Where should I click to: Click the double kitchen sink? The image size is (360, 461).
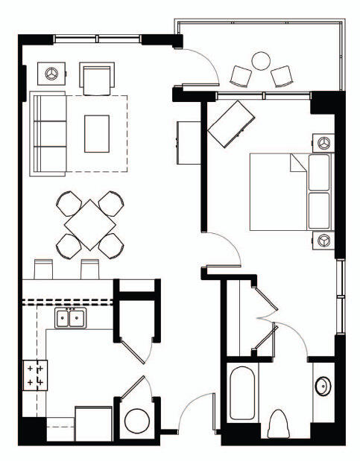[x=70, y=319]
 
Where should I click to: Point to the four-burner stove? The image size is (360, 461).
[x=34, y=374]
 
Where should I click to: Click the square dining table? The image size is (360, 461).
[x=89, y=221]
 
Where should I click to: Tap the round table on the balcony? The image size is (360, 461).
[x=261, y=60]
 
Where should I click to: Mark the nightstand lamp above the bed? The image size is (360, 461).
[x=323, y=142]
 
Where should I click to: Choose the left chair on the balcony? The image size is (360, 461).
[x=241, y=75]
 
